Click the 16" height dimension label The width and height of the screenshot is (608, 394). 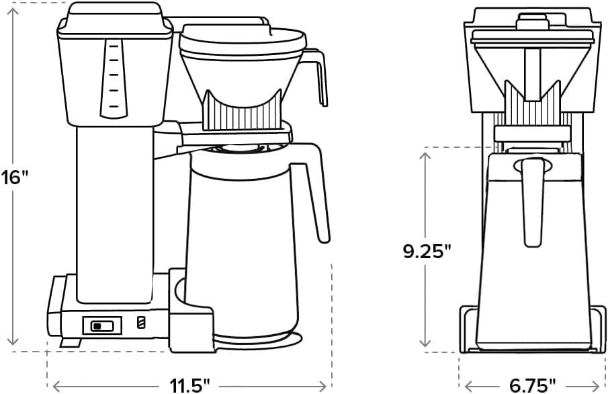15,178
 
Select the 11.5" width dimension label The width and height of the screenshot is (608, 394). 189,385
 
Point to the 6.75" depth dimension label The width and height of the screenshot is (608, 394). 531,385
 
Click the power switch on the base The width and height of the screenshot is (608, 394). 102,325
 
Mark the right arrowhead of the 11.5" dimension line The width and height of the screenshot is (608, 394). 330,386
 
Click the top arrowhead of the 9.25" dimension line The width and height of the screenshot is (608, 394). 425,155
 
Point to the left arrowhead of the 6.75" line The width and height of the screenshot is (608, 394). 468,386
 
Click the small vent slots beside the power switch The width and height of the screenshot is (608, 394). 140,323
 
